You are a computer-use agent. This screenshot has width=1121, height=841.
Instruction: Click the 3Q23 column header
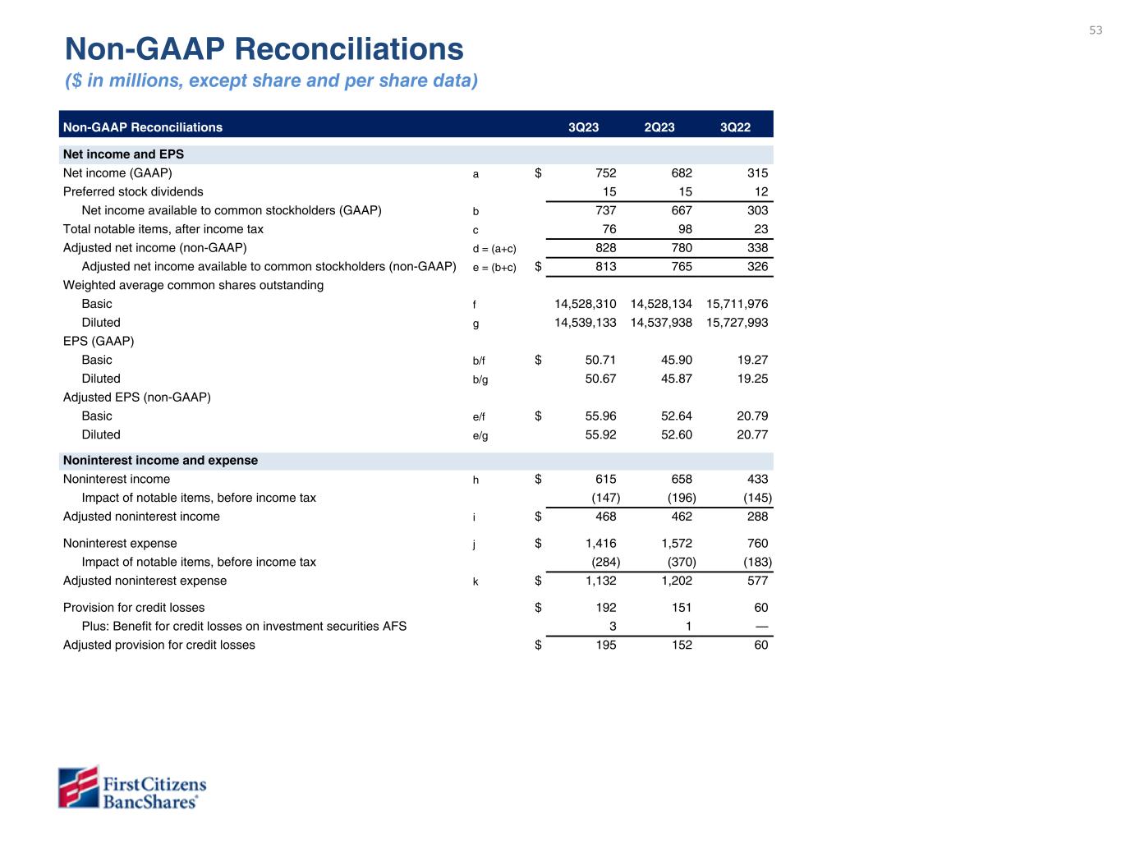(x=584, y=127)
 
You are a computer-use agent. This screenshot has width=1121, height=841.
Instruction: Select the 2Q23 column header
(x=659, y=127)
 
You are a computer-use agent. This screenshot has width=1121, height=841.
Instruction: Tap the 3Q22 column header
(x=735, y=127)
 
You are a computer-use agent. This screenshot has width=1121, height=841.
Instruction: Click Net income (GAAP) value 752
(x=605, y=173)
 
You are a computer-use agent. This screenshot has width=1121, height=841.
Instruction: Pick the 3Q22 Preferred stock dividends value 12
(x=760, y=192)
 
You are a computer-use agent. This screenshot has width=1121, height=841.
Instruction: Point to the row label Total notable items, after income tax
(x=163, y=229)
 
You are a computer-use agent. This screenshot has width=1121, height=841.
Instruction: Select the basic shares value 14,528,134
(x=661, y=304)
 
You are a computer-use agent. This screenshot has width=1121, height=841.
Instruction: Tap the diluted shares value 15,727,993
(x=737, y=323)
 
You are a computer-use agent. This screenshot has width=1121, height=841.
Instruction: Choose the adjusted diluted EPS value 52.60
(x=676, y=434)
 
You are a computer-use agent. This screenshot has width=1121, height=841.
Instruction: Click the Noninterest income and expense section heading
(x=160, y=461)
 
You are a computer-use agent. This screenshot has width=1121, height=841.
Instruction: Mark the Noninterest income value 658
(x=681, y=480)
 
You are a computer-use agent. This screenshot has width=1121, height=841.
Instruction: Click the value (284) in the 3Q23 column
(x=605, y=563)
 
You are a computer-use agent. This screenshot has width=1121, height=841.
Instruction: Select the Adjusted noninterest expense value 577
(x=757, y=581)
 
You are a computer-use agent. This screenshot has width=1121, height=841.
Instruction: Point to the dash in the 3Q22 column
(x=761, y=627)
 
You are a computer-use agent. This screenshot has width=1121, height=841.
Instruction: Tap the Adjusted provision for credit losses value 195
(x=605, y=646)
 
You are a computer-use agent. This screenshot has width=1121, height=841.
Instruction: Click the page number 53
(x=1096, y=30)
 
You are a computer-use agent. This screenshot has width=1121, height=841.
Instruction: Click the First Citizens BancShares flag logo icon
(x=78, y=788)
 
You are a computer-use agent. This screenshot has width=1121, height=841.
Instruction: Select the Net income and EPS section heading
(x=123, y=154)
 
